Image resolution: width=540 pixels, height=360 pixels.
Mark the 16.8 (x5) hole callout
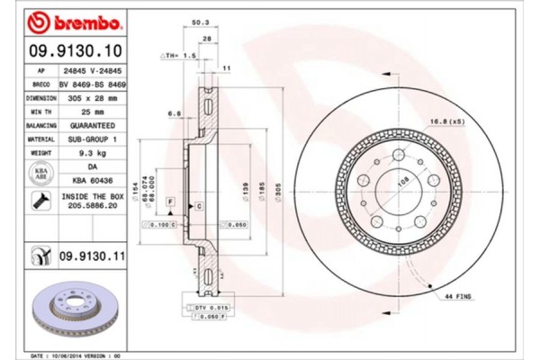445,121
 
